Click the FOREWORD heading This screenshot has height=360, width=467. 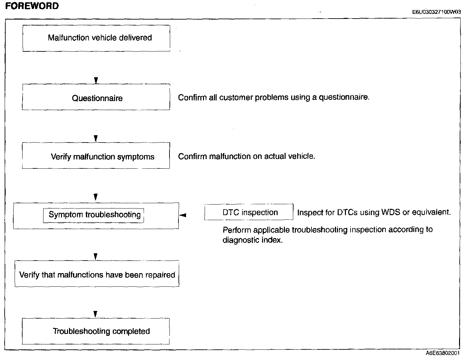(x=32, y=6)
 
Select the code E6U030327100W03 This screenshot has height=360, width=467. (x=436, y=12)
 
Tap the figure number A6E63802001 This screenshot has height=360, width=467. (x=443, y=353)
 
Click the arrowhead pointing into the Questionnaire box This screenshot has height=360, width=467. (x=96, y=81)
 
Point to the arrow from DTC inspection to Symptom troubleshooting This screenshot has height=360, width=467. (x=183, y=215)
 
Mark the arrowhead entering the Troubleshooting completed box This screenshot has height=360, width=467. (x=96, y=314)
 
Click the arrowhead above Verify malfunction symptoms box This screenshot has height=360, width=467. (x=96, y=139)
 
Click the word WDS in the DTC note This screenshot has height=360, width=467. (x=391, y=212)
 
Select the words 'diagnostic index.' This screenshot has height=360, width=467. (x=252, y=240)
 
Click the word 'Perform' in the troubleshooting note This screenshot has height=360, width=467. (x=237, y=230)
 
